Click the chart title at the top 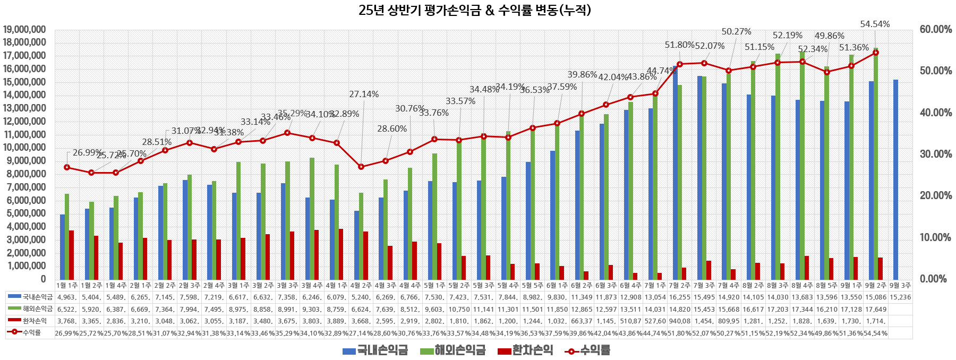(474, 10)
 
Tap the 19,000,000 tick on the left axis (32, 30)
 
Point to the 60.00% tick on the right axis (935, 30)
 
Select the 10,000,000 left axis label (32, 148)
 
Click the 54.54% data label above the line (875, 24)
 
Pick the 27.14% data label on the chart (364, 94)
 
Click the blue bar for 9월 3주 (895, 179)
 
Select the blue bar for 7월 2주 (675, 173)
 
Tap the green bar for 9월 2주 (875, 164)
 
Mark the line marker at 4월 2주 (361, 167)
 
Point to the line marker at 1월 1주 (67, 167)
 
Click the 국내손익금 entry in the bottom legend (375, 350)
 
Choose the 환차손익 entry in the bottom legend (526, 350)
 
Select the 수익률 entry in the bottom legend (588, 350)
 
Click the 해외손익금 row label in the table (30, 309)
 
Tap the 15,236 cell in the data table (900, 297)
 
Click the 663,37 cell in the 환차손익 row (582, 321)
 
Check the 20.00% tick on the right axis (935, 196)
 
